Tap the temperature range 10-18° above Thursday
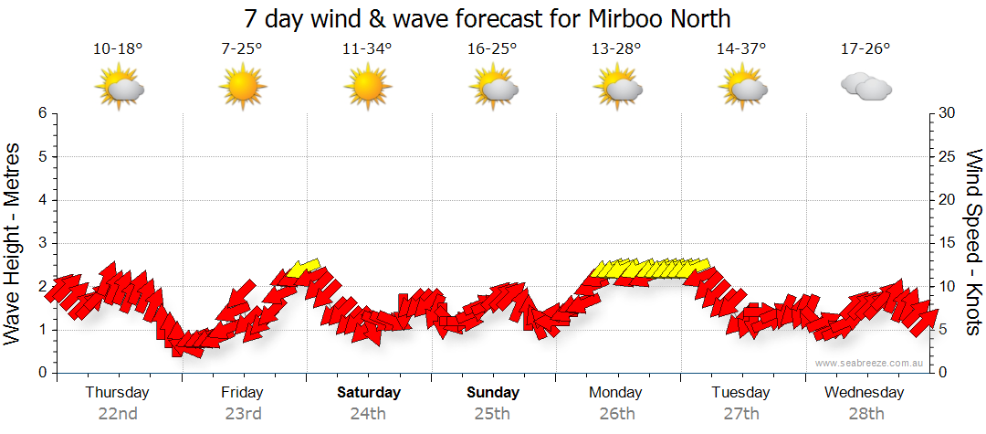click(x=118, y=48)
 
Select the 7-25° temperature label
click(x=242, y=48)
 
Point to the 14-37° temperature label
click(x=740, y=48)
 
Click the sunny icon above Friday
click(x=242, y=88)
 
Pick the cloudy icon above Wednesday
click(x=865, y=87)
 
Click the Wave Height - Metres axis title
click(x=13, y=243)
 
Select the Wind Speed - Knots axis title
click(x=973, y=243)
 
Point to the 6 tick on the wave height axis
click(x=41, y=113)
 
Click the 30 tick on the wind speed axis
click(x=949, y=113)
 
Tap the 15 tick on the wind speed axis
click(x=949, y=243)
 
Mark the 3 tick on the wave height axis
click(x=41, y=243)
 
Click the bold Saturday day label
click(x=369, y=393)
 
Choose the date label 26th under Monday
click(x=617, y=413)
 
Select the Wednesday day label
click(x=864, y=393)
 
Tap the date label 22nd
click(x=118, y=413)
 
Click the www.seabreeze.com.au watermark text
click(x=870, y=363)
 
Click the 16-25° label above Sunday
click(x=492, y=48)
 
